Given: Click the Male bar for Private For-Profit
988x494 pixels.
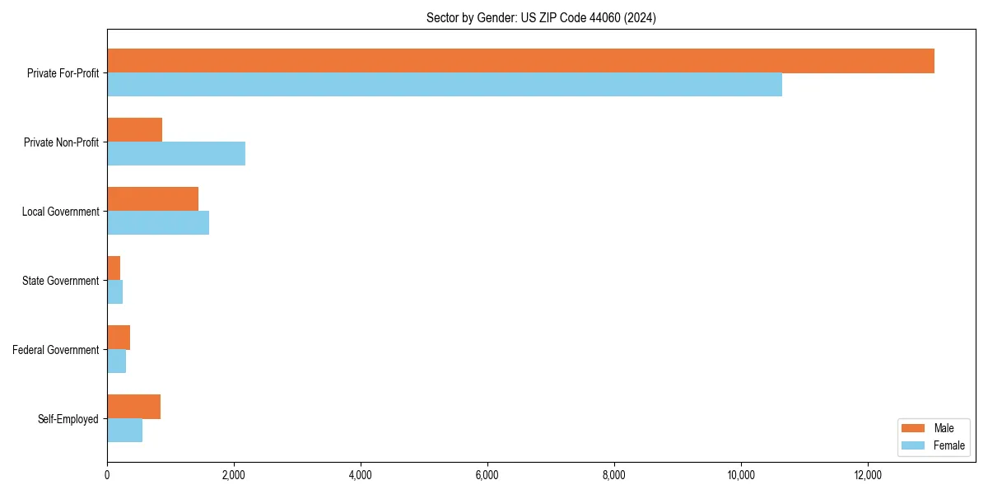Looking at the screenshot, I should coord(520,61).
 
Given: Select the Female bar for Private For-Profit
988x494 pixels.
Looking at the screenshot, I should coord(445,84).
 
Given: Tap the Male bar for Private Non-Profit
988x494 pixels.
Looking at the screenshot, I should coord(134,130).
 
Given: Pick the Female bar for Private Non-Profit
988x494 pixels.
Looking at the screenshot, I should coord(176,153).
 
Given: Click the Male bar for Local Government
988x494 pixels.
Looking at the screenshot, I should coord(152,199).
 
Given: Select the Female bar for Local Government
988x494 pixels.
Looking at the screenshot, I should coord(158,222).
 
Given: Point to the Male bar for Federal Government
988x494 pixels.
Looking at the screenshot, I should coord(119,338).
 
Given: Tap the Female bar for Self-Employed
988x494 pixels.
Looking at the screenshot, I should coord(124,430).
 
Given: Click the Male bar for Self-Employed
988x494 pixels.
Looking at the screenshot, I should coord(133,407).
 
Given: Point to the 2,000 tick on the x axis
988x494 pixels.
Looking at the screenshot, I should coord(234,475).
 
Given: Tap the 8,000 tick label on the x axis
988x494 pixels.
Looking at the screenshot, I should coord(614,475).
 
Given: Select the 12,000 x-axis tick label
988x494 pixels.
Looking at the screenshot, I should coord(868,475).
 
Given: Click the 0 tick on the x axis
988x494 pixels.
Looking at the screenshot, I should coord(107,475).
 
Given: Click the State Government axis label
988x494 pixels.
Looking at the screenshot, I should coord(60,281).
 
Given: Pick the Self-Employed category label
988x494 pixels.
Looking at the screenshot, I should coord(68,419).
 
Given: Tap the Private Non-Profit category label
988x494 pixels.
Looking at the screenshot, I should coord(61,142).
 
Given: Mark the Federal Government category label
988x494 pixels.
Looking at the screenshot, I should coord(56,350).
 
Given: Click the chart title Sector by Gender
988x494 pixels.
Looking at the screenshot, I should coord(541,17).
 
